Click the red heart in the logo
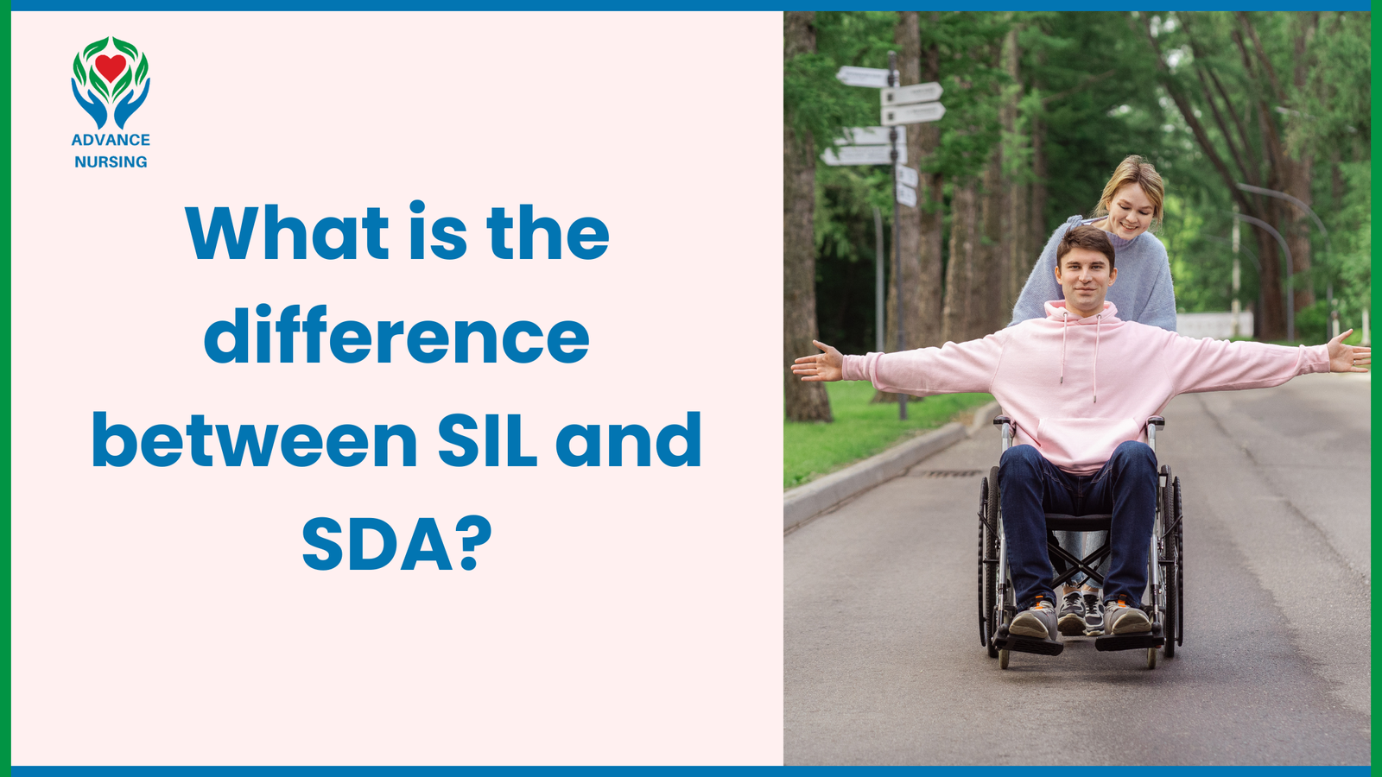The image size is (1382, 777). point(111,66)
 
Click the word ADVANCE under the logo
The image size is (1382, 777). point(111,140)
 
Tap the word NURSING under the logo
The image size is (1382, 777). point(111,162)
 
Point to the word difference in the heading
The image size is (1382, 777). point(396,337)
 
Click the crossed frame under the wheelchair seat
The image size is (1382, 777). point(1080,561)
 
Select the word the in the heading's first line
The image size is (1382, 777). point(548,233)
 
